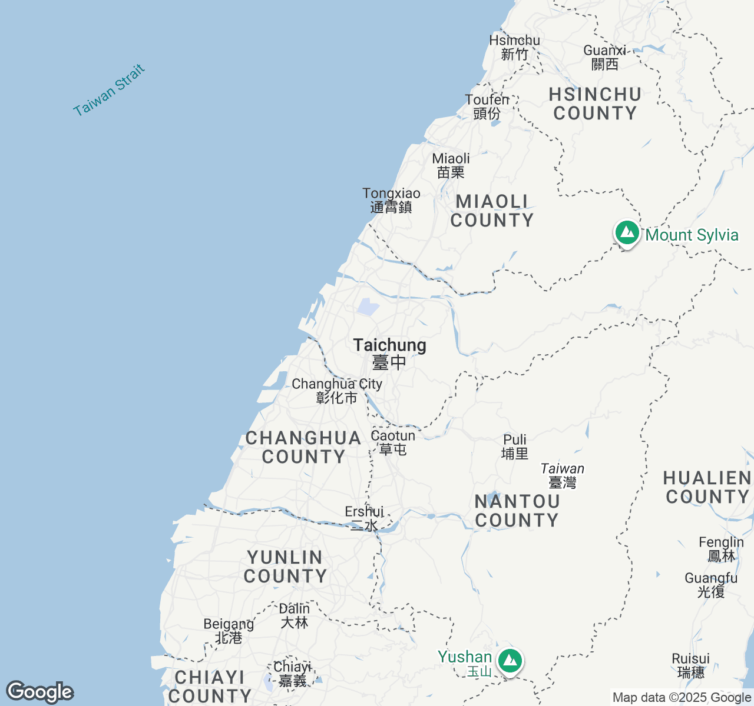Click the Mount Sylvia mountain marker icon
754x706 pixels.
point(627,233)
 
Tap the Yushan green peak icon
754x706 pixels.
point(510,661)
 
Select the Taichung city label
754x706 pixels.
point(389,353)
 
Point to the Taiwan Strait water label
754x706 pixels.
point(109,90)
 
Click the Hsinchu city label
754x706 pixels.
point(514,47)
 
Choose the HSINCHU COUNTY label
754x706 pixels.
point(595,104)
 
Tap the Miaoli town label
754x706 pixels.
point(451,165)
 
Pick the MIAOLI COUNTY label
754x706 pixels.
point(492,211)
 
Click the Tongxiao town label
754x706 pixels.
point(391,200)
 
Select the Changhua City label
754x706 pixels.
point(337,391)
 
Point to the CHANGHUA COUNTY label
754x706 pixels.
point(303,447)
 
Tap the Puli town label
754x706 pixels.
point(515,447)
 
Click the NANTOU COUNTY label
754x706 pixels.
point(517,511)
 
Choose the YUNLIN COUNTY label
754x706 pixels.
point(285,567)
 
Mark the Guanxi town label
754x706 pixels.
point(604,57)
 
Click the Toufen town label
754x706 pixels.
point(487,106)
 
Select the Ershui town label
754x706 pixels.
point(364,518)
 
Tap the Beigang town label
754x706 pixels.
point(229,631)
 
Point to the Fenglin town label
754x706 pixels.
point(721,549)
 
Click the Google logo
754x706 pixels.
point(40,692)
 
